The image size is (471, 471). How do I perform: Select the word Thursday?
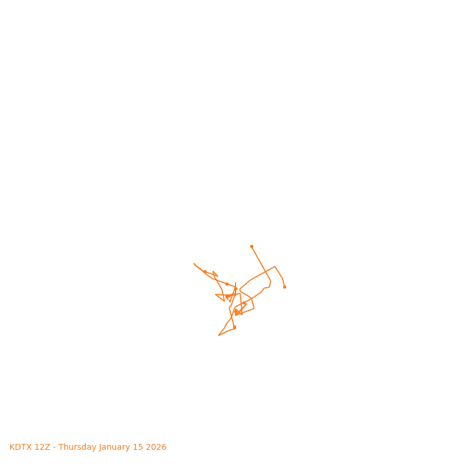click(x=77, y=447)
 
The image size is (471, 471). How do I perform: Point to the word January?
click(x=116, y=447)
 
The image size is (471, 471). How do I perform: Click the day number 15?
click(x=139, y=447)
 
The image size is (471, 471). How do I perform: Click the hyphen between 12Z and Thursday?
click(x=54, y=447)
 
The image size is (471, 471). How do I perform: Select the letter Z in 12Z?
click(x=48, y=447)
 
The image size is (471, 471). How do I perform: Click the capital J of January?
click(x=100, y=447)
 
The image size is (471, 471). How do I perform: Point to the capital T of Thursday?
click(x=61, y=447)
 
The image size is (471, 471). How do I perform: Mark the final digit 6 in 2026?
click(x=164, y=447)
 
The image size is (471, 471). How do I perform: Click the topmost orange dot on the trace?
click(x=251, y=246)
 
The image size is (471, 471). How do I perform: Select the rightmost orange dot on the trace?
click(x=284, y=287)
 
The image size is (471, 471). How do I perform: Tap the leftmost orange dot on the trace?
click(x=205, y=271)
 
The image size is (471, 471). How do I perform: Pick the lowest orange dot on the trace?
click(x=234, y=327)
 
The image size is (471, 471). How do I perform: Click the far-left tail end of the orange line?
click(x=194, y=264)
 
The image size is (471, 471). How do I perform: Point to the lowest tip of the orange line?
click(x=219, y=335)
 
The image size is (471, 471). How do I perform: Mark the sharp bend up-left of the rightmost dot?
click(x=275, y=267)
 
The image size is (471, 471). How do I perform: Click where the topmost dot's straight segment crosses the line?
click(x=263, y=273)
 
